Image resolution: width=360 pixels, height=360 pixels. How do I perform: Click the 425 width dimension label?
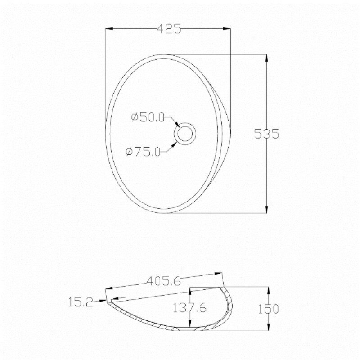[x=169, y=29]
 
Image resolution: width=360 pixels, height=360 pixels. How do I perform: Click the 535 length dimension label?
[x=267, y=134]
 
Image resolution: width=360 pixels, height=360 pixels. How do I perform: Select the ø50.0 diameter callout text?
[x=148, y=117]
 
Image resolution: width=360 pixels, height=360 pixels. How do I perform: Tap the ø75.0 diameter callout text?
[x=143, y=152]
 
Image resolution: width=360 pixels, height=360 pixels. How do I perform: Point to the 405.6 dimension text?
[x=164, y=281]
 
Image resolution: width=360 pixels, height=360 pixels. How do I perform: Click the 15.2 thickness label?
[x=81, y=302]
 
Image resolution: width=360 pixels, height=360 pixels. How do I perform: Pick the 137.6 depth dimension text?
[x=189, y=308]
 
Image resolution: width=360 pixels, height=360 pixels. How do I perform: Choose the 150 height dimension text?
[x=268, y=309]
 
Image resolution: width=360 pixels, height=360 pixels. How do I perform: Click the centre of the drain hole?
[x=185, y=134]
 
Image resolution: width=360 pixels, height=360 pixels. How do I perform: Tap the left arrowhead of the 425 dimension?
[x=109, y=29]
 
